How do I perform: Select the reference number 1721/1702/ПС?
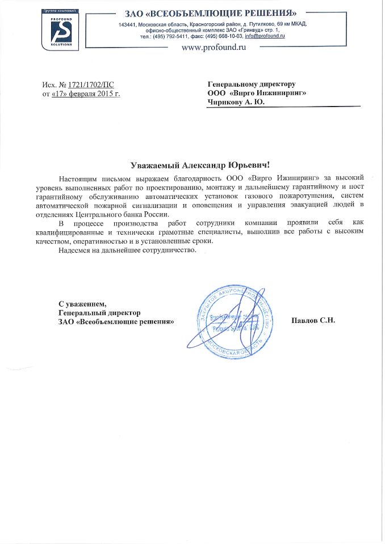click(x=90, y=86)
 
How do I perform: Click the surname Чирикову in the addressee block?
click(x=228, y=103)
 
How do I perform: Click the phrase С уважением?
click(x=82, y=303)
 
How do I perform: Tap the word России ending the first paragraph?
click(x=157, y=214)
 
